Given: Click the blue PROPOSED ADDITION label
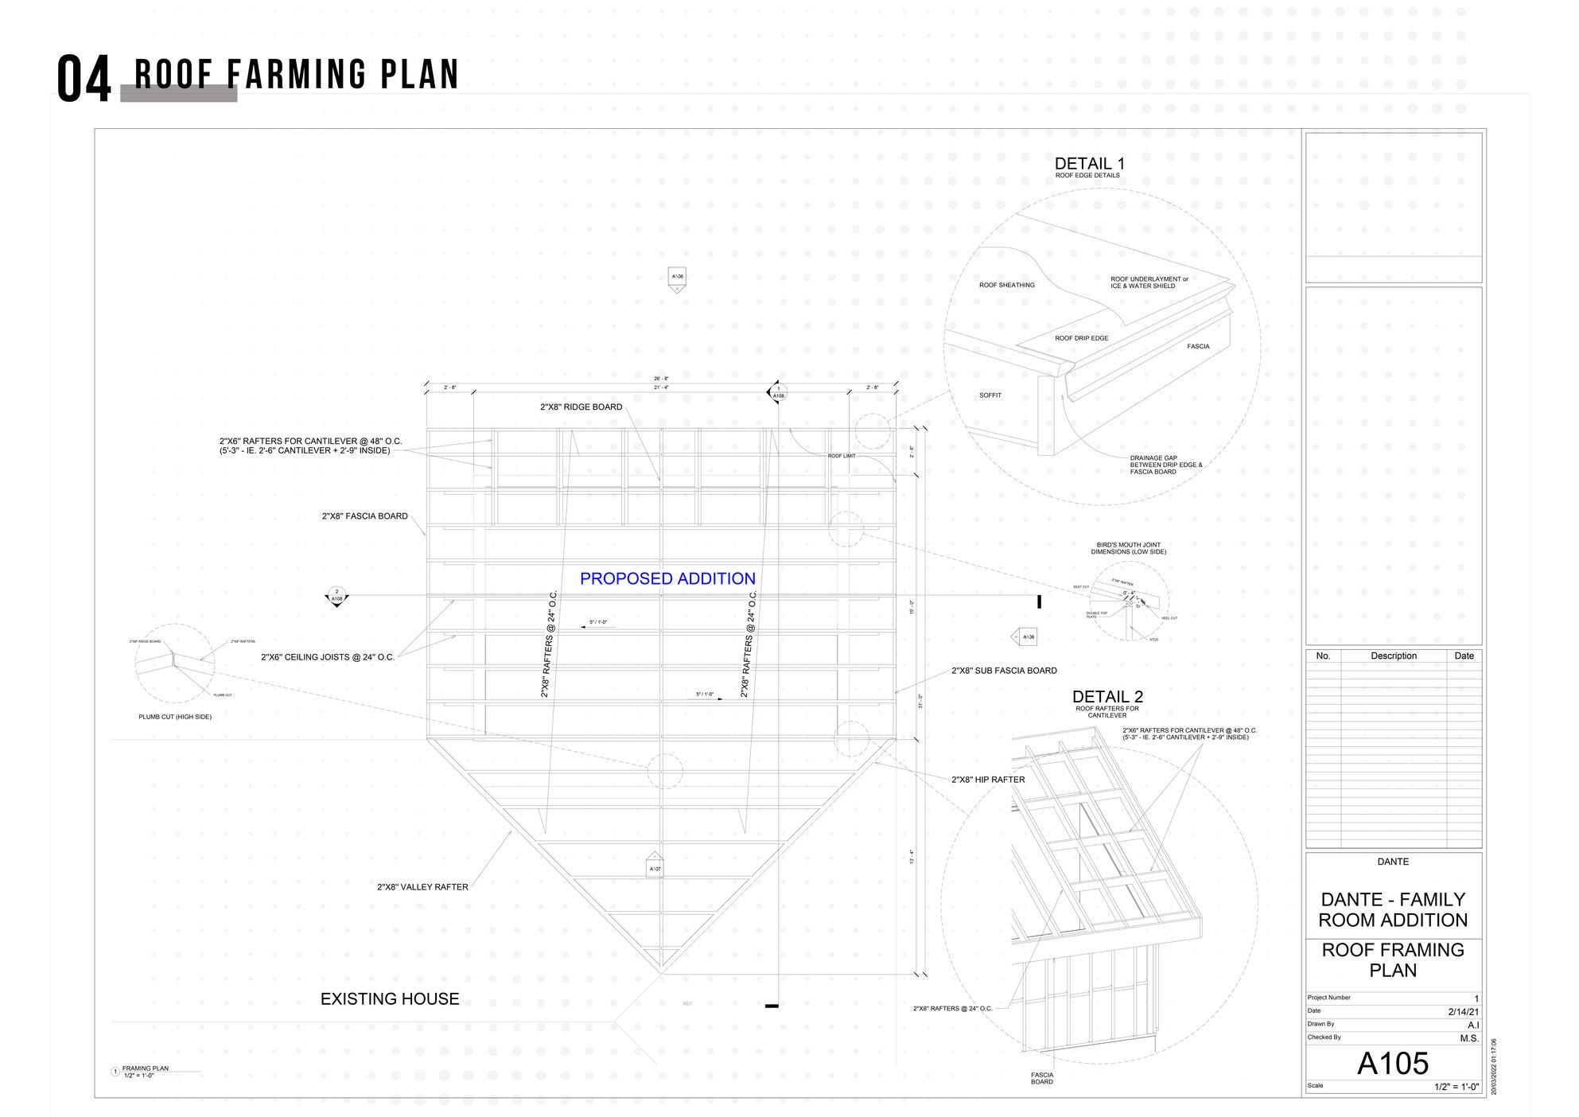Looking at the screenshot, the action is coord(667,578).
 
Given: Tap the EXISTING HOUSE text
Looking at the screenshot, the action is coord(390,998).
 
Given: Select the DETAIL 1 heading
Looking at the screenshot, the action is coord(1089,164).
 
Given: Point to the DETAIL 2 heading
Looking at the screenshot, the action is coord(1107,696).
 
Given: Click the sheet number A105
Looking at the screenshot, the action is coord(1392,1063).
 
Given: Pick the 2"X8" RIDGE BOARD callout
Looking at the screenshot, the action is coord(581,407).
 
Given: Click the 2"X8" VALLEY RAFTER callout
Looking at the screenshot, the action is coord(422,887).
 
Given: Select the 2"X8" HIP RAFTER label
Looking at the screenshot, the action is coord(988,780).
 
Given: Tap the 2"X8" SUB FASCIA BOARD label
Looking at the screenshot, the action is coord(1004,671).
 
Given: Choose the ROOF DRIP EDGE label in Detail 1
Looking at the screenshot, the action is coord(1081,338).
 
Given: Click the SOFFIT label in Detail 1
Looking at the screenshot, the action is coord(990,395).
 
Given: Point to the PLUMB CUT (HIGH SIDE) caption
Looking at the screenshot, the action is coord(175,717).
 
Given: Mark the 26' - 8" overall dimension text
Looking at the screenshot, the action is coord(661,379).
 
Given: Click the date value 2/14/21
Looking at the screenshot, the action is coord(1463,1012).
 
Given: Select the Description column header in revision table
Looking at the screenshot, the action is coord(1393,656).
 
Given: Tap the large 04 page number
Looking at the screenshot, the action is coord(84,80).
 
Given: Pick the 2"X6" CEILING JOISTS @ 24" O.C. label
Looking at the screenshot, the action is coord(328,657).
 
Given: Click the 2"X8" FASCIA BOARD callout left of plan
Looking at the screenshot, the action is coord(364,516).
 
